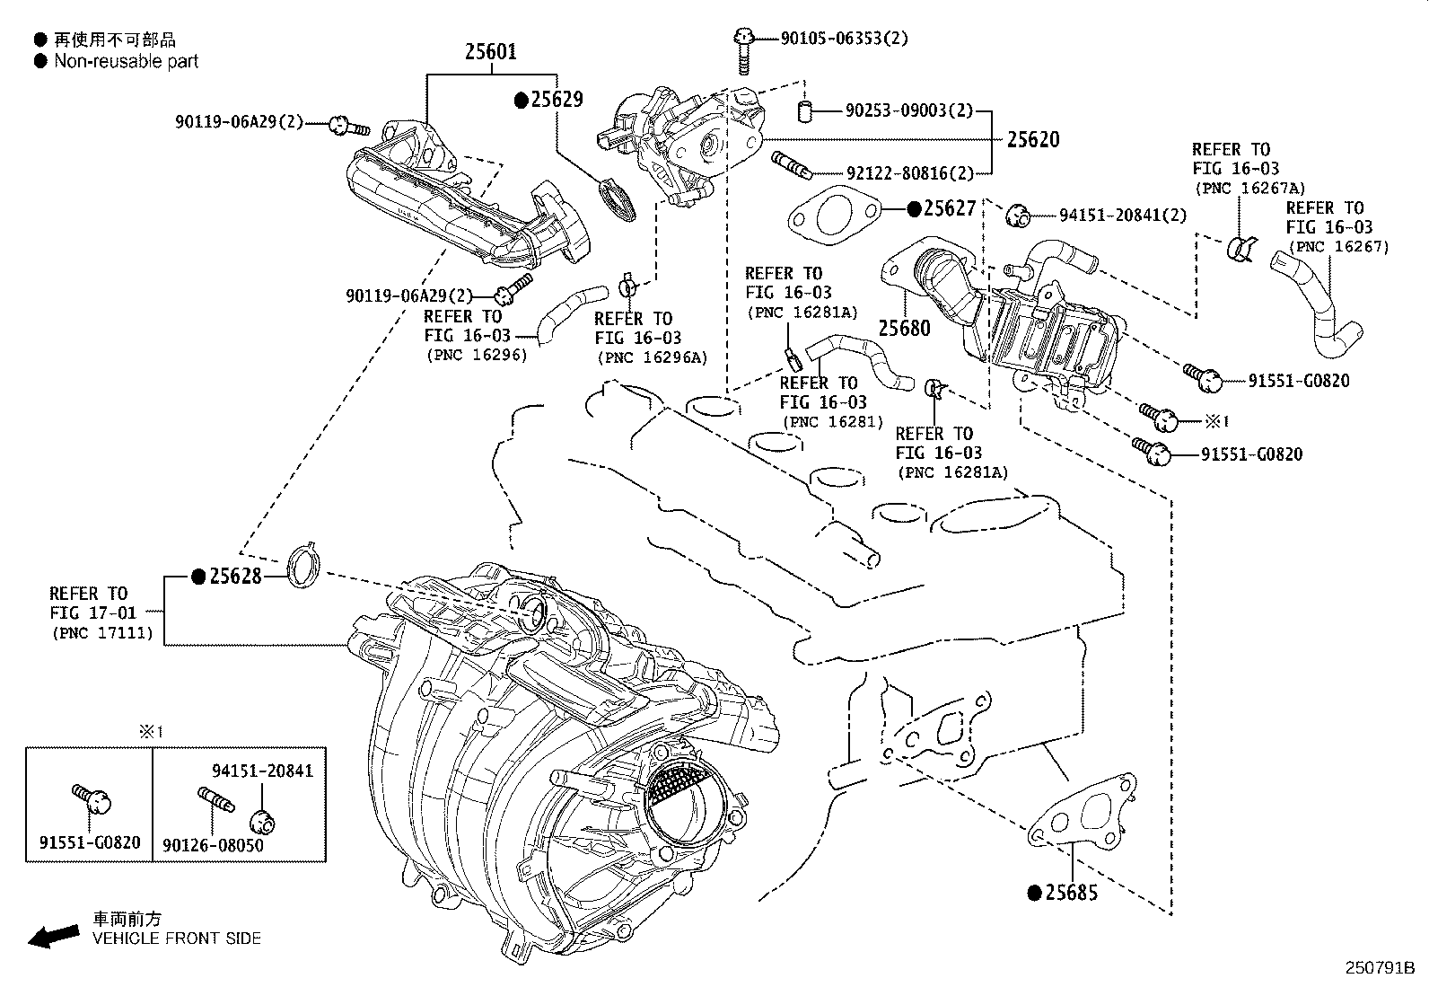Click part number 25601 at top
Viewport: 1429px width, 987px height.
(490, 52)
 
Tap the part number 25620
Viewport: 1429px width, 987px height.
(1032, 139)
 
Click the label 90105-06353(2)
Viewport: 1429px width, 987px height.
(844, 39)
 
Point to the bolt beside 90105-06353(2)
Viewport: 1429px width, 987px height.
(742, 49)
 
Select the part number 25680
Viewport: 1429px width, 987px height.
(904, 328)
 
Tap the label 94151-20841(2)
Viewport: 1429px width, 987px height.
(1122, 215)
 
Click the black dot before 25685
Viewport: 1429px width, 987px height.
(1034, 893)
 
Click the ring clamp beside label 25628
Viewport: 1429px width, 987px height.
(303, 567)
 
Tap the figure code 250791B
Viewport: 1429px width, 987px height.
(1379, 968)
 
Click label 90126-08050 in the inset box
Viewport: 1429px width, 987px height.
(213, 846)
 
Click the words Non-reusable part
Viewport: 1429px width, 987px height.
(126, 61)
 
